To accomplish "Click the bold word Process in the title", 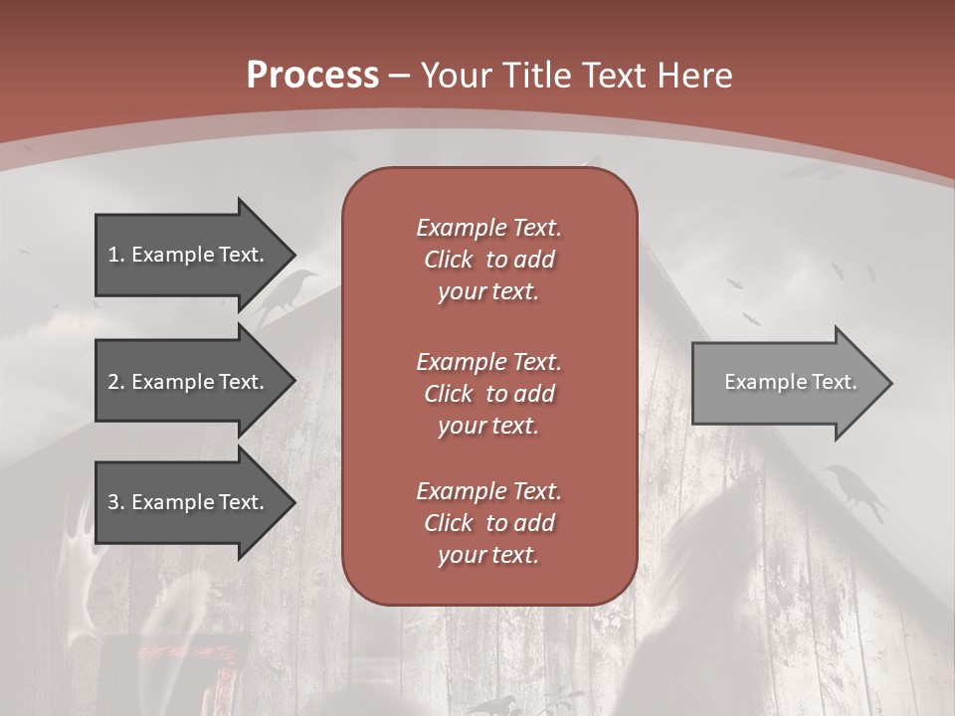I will [312, 76].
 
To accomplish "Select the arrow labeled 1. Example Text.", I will [189, 255].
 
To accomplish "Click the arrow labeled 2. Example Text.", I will [189, 382].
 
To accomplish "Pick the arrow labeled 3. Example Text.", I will [189, 502].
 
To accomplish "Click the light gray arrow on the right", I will [786, 383].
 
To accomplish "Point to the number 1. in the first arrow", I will [116, 255].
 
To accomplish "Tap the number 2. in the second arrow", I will [116, 382].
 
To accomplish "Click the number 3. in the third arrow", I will [116, 502].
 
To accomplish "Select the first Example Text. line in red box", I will [488, 228].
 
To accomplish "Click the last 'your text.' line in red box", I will [488, 555].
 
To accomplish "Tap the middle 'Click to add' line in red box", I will [488, 394].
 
